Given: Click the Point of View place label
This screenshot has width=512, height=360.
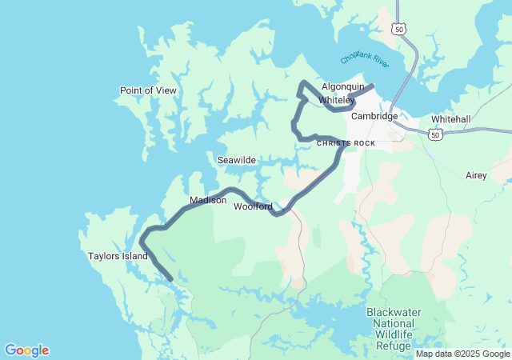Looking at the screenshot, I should pos(148,90).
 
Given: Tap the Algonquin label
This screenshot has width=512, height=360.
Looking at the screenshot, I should pos(343,86).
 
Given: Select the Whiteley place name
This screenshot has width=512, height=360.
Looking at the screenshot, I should pos(336,100).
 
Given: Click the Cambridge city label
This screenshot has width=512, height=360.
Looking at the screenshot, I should pos(374,116).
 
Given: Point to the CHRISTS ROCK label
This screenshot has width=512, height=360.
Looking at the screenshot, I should pos(346,143).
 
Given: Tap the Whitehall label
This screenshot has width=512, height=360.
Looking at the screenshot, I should pos(450,119).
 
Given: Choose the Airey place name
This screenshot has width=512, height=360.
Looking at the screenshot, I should pos(476,175).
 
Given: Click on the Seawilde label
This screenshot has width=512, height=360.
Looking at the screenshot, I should pos(237,160).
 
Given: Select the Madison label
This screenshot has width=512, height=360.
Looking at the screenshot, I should pos(208,200).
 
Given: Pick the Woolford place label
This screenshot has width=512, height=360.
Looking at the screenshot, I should pos(253,206).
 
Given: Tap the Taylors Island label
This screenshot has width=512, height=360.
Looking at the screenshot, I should pos(118,256).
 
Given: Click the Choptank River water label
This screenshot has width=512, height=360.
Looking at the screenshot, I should pos(364,58).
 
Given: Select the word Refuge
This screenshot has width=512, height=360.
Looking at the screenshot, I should pos(394,346).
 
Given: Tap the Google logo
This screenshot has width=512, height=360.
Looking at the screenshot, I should pos(26,350).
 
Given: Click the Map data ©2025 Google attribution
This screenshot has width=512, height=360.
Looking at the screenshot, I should pos(462,353).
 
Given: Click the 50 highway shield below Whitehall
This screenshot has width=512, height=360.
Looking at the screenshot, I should pos(434,136).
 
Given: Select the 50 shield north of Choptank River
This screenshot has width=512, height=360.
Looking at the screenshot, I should pos(398,29).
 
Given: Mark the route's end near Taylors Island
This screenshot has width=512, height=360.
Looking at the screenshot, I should pos(170,279).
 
